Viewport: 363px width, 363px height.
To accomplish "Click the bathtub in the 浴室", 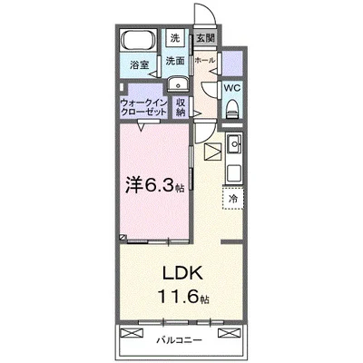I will pos(138,43).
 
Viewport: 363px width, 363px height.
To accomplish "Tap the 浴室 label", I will pos(139,65).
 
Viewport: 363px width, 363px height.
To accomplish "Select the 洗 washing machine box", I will pos(174,39).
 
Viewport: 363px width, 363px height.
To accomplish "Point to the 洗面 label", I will pos(175,60).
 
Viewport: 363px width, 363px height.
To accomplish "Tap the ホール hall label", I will pos(205,60).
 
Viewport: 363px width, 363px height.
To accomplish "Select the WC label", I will pos(231,88).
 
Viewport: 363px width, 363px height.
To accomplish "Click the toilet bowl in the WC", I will pos(232,108).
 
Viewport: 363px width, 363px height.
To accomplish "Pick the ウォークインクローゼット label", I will pos(143,107).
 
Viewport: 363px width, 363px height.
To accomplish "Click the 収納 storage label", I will pos(181,107).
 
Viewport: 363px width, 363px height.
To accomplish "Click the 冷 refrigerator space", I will pos(232,198).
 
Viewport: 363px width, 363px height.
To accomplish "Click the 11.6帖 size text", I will pos(184,296).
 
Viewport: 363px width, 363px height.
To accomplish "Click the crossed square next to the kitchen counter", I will pos(211,152).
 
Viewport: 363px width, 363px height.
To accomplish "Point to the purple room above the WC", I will pos(232,64).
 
